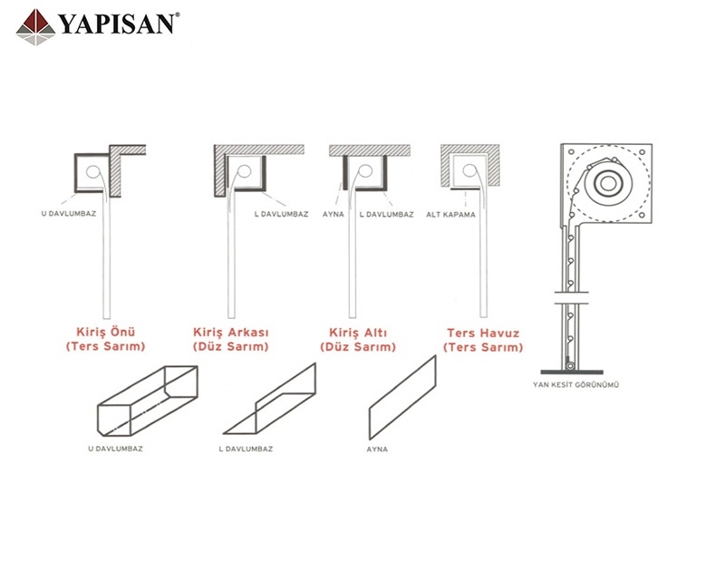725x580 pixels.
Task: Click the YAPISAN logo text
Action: point(116,23)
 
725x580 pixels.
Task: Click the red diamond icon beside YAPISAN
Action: point(34,26)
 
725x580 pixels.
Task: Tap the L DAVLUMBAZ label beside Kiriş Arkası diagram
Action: point(282,215)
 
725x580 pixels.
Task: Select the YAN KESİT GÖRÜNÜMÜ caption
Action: point(576,384)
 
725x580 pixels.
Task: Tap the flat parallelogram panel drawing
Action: point(401,398)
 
